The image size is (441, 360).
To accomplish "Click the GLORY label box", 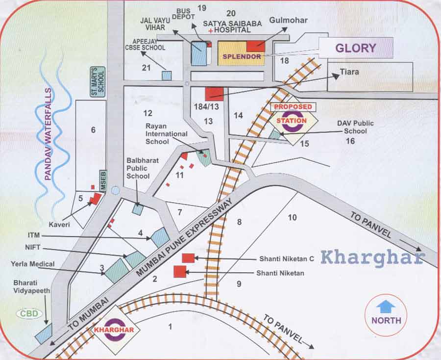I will coord(356,48).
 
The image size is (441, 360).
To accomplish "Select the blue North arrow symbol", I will coord(386,307).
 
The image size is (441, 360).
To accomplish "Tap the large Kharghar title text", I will coord(372,257).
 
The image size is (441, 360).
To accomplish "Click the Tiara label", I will coord(349,72).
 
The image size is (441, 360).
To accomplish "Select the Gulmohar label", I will coord(289,21).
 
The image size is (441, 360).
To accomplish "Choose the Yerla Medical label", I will coord(34,264).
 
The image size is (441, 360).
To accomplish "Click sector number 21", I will coord(146,68).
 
